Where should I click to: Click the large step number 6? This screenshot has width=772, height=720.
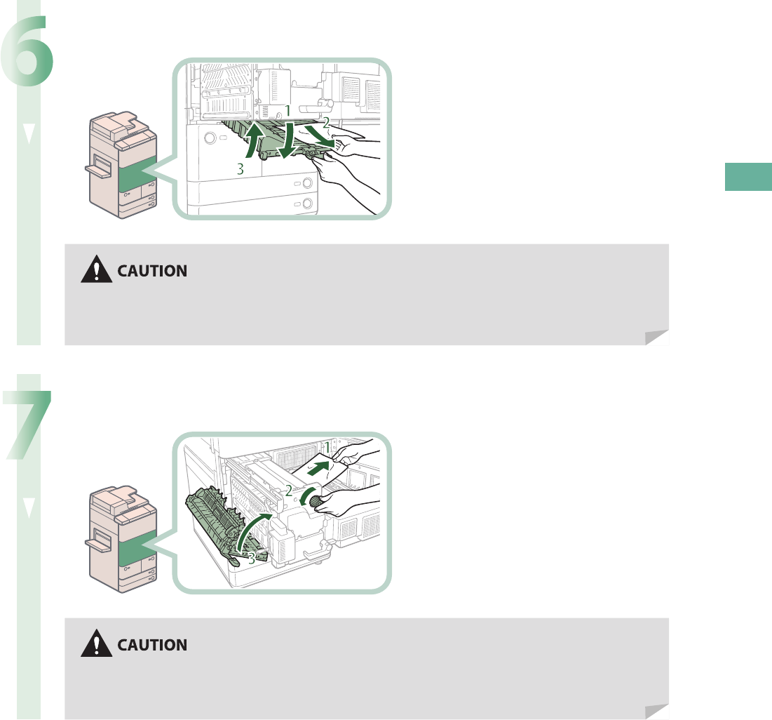pos(27,57)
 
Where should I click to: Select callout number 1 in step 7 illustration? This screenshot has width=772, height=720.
pos(326,447)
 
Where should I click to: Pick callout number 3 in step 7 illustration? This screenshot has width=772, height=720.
pos(250,559)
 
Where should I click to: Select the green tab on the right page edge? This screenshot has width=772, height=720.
pos(748,177)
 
